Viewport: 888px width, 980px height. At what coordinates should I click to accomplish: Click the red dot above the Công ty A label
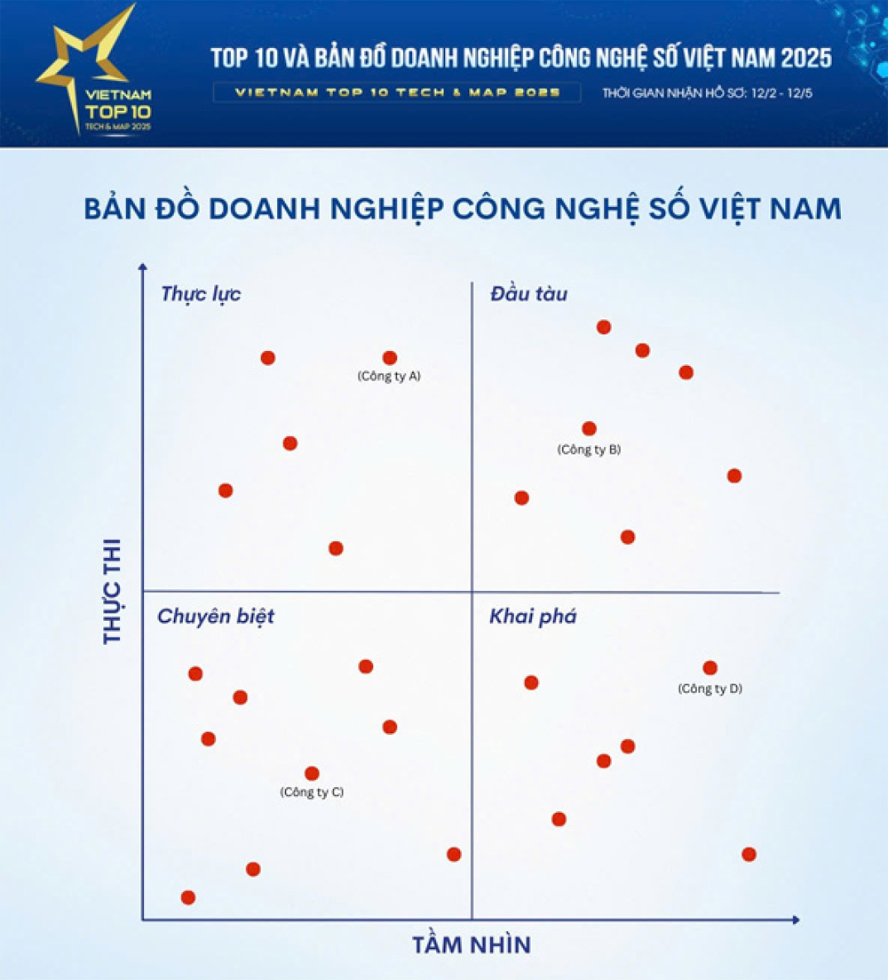389,358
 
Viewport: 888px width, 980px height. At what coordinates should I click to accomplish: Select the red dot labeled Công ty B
589,428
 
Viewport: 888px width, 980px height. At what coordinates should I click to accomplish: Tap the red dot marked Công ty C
312,774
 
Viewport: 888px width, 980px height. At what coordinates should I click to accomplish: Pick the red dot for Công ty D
710,668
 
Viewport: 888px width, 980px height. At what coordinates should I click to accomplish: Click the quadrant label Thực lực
201,294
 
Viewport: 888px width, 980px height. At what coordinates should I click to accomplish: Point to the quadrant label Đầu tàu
528,294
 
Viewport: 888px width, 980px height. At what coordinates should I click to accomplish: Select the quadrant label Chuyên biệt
216,616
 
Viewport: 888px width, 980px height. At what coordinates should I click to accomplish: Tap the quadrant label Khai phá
533,616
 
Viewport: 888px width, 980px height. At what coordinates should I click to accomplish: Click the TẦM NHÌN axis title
472,944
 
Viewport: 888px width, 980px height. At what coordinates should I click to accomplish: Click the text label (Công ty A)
389,377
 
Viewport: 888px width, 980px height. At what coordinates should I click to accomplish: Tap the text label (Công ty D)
710,689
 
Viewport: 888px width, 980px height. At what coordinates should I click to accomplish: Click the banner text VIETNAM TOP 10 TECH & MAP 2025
397,93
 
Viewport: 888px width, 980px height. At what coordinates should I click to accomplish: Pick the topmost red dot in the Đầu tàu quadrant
604,327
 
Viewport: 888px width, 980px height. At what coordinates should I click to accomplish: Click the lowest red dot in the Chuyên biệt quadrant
187,897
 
